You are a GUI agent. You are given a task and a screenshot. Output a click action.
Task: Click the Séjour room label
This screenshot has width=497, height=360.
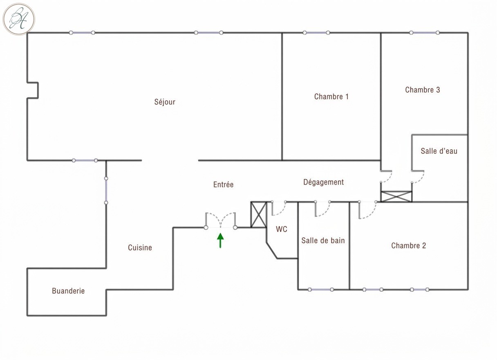[165, 102]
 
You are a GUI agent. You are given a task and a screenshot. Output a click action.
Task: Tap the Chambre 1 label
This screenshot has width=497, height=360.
[331, 97]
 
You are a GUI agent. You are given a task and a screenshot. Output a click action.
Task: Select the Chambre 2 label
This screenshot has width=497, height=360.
[408, 245]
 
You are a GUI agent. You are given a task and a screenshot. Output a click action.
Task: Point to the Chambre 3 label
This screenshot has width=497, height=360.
[423, 90]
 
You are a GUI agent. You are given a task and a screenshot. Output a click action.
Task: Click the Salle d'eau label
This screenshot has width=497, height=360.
[439, 151]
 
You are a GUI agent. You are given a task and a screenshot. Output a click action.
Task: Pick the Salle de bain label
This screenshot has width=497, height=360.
[323, 241]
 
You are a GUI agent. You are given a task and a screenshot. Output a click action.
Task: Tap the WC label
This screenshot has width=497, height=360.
[281, 229]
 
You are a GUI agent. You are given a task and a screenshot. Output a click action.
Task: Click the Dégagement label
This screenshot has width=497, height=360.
[323, 182]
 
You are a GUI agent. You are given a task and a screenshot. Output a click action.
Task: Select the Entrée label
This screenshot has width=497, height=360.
[223, 184]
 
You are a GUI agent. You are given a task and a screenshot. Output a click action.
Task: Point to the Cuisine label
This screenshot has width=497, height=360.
[140, 248]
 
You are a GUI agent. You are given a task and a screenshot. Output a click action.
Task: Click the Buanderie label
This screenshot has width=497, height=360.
[68, 291]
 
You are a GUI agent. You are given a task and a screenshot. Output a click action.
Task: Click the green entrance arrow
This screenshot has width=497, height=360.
[220, 240]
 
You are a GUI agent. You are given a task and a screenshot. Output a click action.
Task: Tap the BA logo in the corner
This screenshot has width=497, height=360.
[19, 19]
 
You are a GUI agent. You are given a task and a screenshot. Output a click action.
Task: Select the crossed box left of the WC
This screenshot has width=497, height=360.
[259, 214]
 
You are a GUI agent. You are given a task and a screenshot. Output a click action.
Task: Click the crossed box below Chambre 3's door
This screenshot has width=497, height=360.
[396, 196]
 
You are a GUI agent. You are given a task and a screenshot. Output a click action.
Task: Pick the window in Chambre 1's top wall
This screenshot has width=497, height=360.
[316, 33]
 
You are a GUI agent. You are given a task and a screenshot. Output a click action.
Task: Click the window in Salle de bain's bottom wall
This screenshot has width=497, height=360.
[321, 289]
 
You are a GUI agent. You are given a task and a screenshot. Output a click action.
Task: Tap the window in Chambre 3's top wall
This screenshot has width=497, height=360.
[424, 33]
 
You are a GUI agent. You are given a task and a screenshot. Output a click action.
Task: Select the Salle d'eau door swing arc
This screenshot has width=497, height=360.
[421, 180]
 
